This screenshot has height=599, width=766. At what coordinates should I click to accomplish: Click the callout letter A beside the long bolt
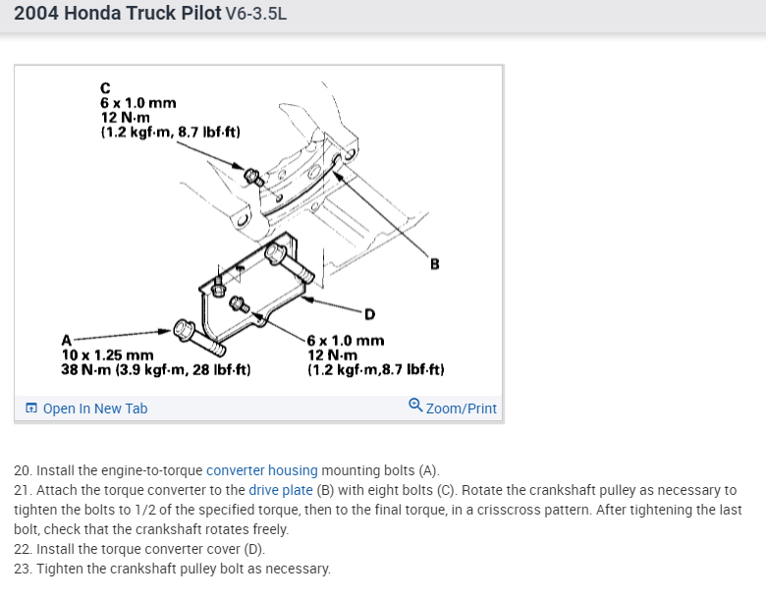click(67, 341)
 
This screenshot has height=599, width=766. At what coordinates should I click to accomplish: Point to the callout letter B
click(434, 264)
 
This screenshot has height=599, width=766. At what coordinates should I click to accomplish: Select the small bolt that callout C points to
click(252, 177)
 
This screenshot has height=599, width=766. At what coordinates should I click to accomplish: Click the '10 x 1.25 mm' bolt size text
click(107, 354)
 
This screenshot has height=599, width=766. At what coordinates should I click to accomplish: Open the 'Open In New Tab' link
click(95, 408)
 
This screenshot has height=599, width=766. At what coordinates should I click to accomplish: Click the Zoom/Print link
click(461, 408)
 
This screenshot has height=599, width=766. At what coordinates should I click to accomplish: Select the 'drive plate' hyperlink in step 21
click(281, 490)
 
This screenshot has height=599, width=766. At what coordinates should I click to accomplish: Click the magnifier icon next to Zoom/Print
click(415, 406)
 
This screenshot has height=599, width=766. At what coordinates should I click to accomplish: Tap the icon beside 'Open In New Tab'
click(32, 408)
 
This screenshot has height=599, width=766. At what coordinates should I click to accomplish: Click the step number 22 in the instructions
click(22, 549)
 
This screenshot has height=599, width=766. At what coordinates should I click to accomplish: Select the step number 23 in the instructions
click(22, 569)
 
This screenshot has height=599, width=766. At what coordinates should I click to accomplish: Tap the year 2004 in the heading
click(36, 15)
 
